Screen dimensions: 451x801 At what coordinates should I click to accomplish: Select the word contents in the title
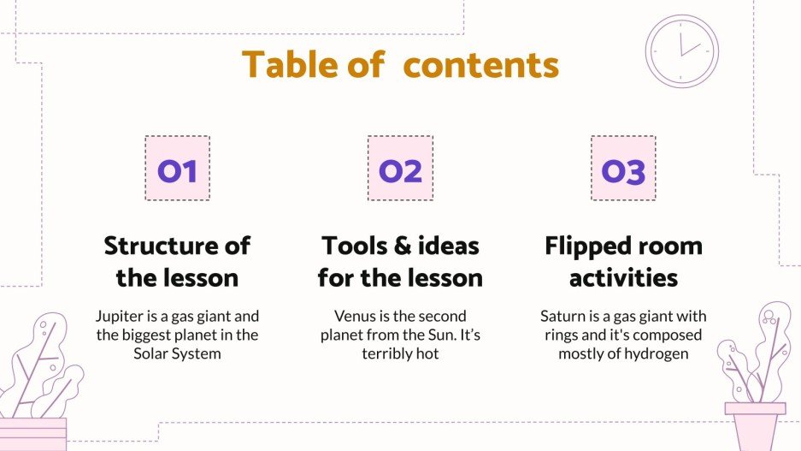coord(480,65)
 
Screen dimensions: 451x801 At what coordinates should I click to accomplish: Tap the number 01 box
coord(177,169)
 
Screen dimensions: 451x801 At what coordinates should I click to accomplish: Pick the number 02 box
coord(400,169)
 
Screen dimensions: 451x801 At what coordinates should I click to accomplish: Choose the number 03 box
coord(623,169)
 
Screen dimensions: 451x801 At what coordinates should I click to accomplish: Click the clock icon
coord(681,51)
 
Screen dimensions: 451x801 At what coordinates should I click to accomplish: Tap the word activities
coord(623,278)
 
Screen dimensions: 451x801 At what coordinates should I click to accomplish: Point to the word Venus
coord(355,317)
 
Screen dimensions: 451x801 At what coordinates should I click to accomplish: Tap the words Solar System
coord(177,353)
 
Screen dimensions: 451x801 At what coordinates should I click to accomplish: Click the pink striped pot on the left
coord(32,434)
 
